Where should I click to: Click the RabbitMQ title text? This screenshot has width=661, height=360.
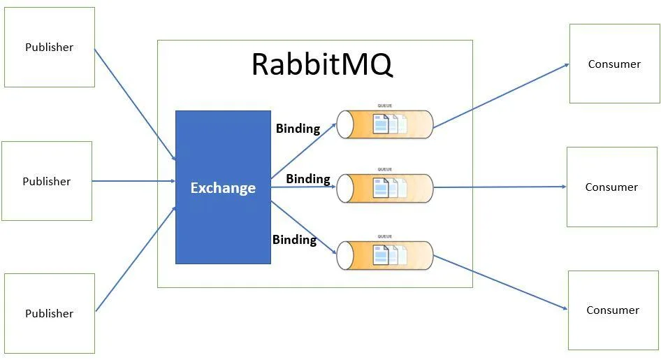(321, 64)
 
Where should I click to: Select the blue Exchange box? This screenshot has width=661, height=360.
(223, 187)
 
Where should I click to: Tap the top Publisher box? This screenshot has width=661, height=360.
(49, 48)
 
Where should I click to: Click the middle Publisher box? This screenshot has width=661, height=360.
(47, 181)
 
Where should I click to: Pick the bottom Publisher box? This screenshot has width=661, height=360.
(49, 313)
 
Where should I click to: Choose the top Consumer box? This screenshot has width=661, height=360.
(614, 64)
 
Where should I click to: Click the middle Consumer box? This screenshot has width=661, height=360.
(611, 187)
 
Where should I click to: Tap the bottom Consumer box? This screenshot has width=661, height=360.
(613, 310)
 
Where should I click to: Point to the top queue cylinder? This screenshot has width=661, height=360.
(384, 124)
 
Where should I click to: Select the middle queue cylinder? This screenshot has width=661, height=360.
(384, 188)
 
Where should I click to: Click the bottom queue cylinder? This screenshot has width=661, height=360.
(384, 255)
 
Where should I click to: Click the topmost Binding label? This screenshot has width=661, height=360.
(298, 129)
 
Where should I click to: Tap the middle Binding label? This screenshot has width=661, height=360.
(307, 179)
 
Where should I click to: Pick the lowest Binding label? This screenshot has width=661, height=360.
(294, 240)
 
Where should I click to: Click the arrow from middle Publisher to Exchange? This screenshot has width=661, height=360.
(133, 181)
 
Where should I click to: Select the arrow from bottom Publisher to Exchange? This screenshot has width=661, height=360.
(134, 259)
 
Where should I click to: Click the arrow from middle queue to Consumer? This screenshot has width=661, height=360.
(500, 187)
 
